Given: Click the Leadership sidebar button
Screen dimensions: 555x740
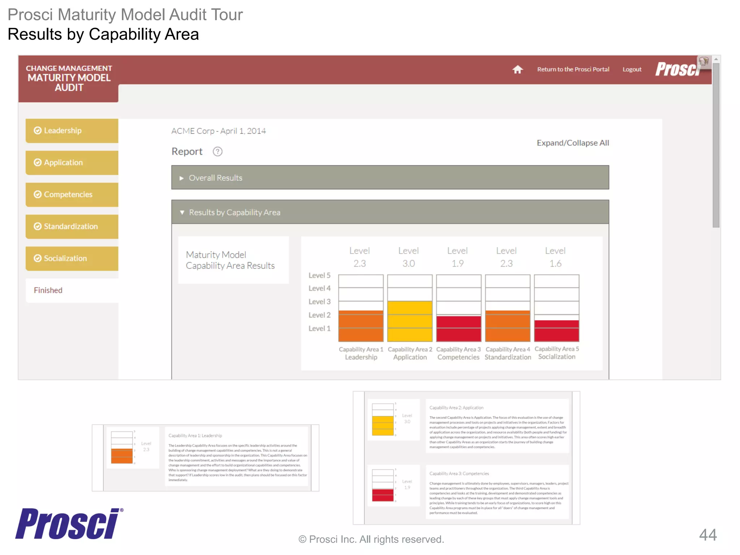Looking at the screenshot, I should [72, 130].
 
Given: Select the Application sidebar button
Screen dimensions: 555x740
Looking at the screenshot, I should [72, 163].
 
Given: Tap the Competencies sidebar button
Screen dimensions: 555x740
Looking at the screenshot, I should [72, 194].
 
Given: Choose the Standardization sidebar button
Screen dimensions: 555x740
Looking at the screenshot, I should [72, 227].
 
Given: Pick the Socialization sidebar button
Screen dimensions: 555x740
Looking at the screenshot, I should [72, 258].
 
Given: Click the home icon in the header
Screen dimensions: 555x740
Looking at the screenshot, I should [517, 69].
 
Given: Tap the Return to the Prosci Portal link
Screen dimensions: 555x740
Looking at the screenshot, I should [573, 69].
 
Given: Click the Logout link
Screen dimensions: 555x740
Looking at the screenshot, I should [632, 69].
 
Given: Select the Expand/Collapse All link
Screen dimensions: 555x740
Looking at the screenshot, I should [572, 143].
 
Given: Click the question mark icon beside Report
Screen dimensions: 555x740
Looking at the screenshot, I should [218, 151].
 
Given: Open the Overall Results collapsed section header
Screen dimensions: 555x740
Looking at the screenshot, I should [390, 178].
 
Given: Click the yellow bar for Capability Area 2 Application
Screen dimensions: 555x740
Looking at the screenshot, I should [409, 321].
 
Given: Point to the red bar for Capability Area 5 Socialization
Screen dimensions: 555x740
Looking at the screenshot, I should [556, 331].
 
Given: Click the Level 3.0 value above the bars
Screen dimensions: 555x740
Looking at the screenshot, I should [408, 257].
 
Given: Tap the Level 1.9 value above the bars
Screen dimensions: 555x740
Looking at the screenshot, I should [457, 257].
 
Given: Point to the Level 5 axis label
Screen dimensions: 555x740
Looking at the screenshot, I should [319, 275].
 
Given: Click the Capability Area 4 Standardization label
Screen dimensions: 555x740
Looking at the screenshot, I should [507, 353].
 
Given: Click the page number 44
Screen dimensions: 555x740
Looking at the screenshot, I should [707, 535].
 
